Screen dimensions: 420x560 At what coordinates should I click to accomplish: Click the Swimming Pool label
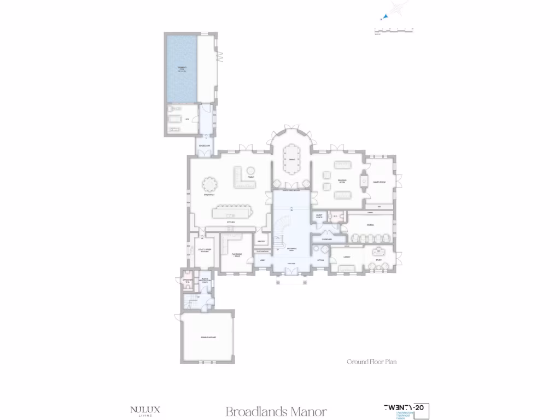point(182,69)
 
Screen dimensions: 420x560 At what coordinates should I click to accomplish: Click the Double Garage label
point(208,337)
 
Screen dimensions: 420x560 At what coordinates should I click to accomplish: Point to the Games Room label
point(380,182)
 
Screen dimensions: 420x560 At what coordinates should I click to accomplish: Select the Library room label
point(347,256)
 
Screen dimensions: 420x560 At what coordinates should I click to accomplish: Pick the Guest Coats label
point(320,217)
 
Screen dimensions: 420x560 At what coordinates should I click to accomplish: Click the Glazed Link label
point(203,145)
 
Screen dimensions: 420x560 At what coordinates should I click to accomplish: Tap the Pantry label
point(261,241)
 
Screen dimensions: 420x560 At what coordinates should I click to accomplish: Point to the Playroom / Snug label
point(237,255)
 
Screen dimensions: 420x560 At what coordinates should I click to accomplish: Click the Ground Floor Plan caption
point(372,361)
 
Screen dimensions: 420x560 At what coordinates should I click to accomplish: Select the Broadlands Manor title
point(276,411)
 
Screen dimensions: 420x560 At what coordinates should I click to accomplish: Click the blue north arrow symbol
point(386,17)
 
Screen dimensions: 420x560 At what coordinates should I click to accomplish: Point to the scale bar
point(394,30)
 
